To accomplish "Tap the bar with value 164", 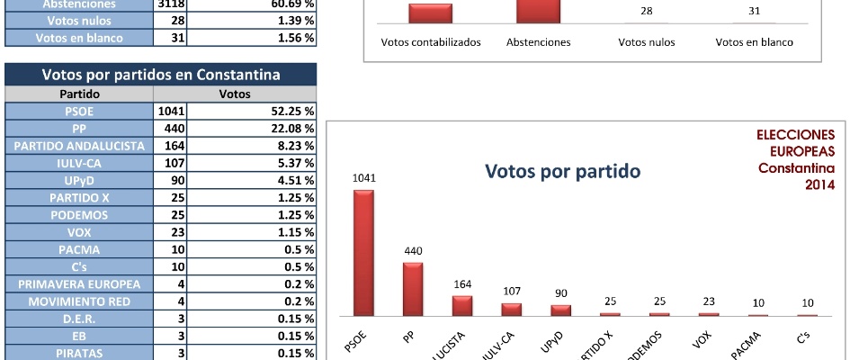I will [462, 305].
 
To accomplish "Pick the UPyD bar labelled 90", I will [560, 310].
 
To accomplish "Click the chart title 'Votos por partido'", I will [562, 171].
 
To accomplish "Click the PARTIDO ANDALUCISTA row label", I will [79, 145].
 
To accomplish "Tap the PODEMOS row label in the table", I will [79, 215].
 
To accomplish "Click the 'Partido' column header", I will [79, 94].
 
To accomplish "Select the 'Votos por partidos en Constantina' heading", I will [162, 75].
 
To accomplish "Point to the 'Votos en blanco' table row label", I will [79, 38].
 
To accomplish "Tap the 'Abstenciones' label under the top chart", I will [538, 42].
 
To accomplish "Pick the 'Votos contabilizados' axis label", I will [431, 42].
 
